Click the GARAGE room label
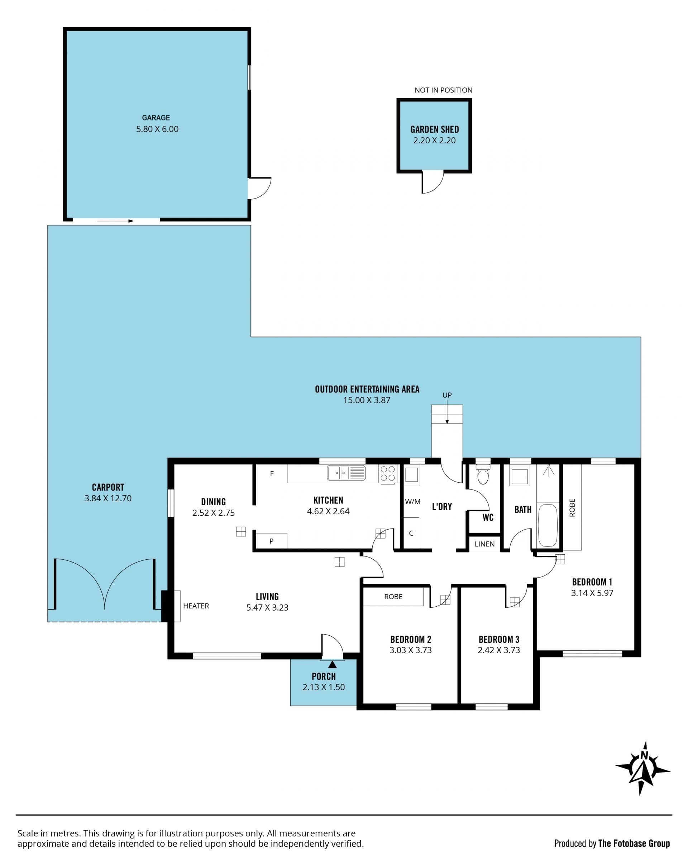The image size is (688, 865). (x=156, y=118)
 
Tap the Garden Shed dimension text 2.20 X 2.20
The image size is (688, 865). (x=434, y=140)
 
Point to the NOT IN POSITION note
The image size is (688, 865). (x=443, y=90)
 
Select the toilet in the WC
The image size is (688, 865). (x=483, y=475)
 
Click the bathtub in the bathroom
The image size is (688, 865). (x=548, y=525)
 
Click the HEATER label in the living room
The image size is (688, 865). (x=196, y=606)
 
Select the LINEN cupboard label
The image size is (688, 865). (x=484, y=544)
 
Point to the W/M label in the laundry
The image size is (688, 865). (x=413, y=502)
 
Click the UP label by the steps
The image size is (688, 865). (x=447, y=395)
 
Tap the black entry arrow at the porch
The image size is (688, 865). (x=332, y=664)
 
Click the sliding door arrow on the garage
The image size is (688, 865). (x=115, y=221)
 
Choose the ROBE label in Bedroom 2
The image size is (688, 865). (x=393, y=597)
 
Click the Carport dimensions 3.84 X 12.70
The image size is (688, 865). (x=108, y=498)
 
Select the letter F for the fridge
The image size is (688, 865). (x=272, y=473)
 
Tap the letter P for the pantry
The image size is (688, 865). (x=272, y=541)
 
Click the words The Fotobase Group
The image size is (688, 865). (x=634, y=844)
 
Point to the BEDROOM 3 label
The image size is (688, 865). (x=499, y=639)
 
